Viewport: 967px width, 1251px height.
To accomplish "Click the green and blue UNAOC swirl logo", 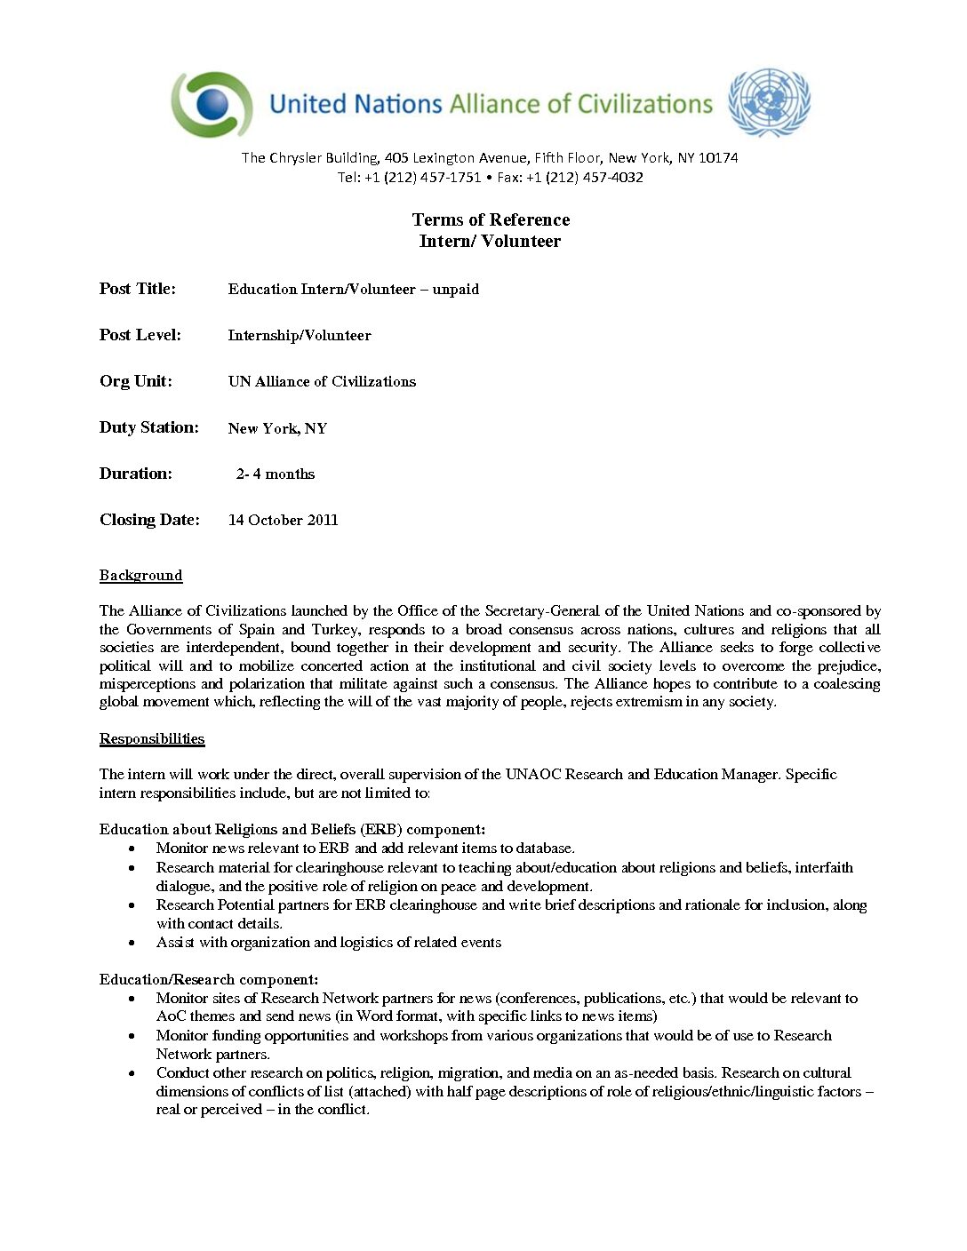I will [x=212, y=104].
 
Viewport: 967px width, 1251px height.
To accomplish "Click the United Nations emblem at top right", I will [x=769, y=102].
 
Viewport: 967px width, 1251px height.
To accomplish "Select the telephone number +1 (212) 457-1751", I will [x=422, y=177].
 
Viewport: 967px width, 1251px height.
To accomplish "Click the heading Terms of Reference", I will [x=491, y=219].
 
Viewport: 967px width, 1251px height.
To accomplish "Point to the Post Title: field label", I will [x=138, y=289].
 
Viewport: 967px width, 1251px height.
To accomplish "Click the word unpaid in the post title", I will [x=455, y=290].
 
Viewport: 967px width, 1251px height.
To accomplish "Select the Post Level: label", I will [x=140, y=335].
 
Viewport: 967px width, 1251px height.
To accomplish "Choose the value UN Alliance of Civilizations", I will [x=322, y=381].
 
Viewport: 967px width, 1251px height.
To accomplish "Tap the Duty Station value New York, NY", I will [x=277, y=428].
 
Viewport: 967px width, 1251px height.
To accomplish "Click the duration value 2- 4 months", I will [x=276, y=474].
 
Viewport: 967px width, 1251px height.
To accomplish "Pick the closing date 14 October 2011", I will [x=283, y=521].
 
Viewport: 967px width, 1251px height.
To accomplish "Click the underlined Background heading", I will [x=140, y=576].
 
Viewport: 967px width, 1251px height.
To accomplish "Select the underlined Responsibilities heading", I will [x=152, y=739].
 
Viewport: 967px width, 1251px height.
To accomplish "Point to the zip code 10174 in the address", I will [x=718, y=158].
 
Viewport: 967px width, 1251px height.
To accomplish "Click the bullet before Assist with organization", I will [x=132, y=943].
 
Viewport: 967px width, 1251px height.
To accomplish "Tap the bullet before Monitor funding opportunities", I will [x=132, y=1036].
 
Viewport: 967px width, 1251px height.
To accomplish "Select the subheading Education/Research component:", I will [x=209, y=979].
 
